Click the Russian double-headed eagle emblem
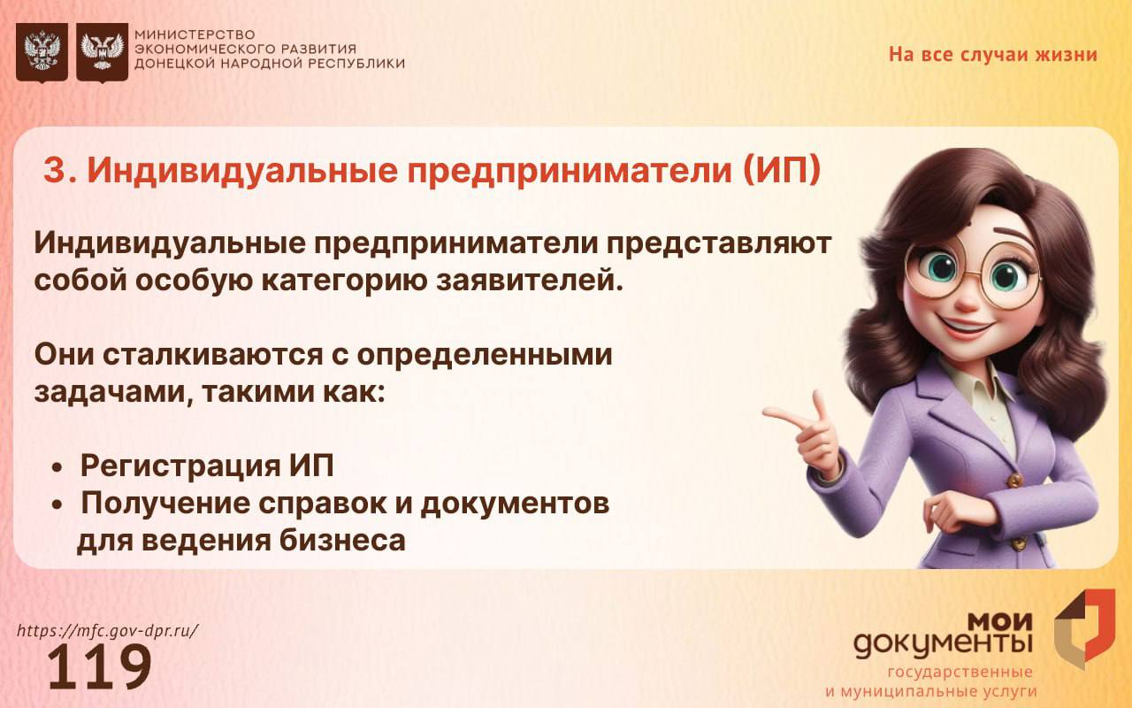(x=42, y=52)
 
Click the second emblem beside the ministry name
(x=102, y=52)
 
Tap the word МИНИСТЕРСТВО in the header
(x=195, y=35)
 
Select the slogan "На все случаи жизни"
(x=993, y=55)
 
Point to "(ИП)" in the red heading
(x=782, y=171)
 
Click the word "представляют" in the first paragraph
(x=719, y=243)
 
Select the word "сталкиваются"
(x=213, y=355)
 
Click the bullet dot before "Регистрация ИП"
(x=57, y=469)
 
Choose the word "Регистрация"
(x=180, y=466)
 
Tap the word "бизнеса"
(x=342, y=540)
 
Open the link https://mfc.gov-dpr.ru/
(x=108, y=631)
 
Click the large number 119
(x=100, y=666)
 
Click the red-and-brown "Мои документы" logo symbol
(x=1084, y=629)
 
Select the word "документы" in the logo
(x=943, y=645)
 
